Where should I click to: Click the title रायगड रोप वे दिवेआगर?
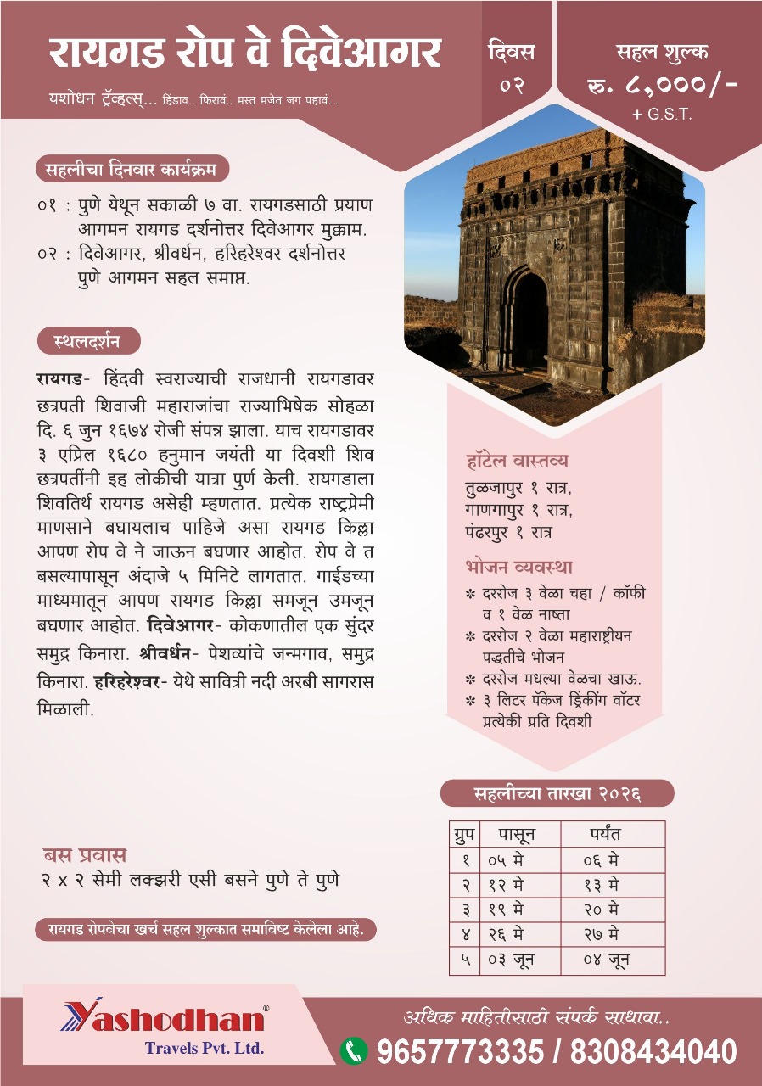[x=244, y=53]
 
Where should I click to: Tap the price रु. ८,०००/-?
[x=662, y=85]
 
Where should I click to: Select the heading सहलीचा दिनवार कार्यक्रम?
[x=132, y=169]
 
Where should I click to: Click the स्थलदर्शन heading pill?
[x=88, y=341]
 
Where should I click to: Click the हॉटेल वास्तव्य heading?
[x=517, y=462]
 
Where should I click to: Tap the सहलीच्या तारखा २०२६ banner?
[x=557, y=793]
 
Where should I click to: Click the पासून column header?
[x=518, y=834]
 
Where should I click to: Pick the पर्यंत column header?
[x=613, y=834]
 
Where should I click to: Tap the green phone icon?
[x=354, y=1051]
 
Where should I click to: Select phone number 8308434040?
[x=653, y=1052]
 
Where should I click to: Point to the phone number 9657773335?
[x=459, y=1052]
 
